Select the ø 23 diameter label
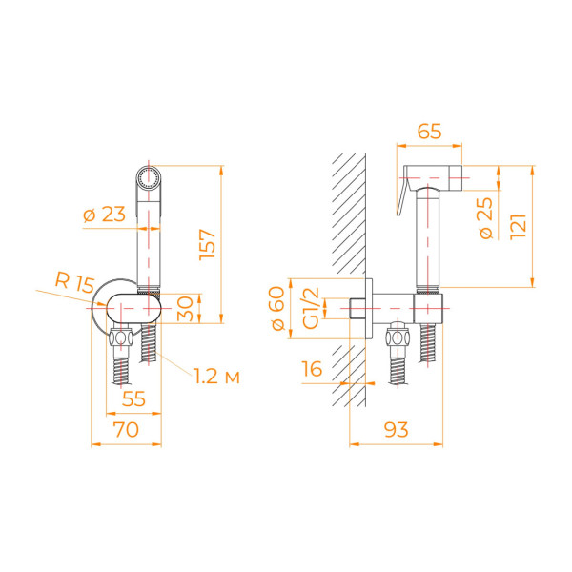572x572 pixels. tap(104, 215)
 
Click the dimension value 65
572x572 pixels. tap(430, 133)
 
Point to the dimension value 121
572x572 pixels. tap(519, 226)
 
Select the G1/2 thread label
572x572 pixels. tap(310, 309)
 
